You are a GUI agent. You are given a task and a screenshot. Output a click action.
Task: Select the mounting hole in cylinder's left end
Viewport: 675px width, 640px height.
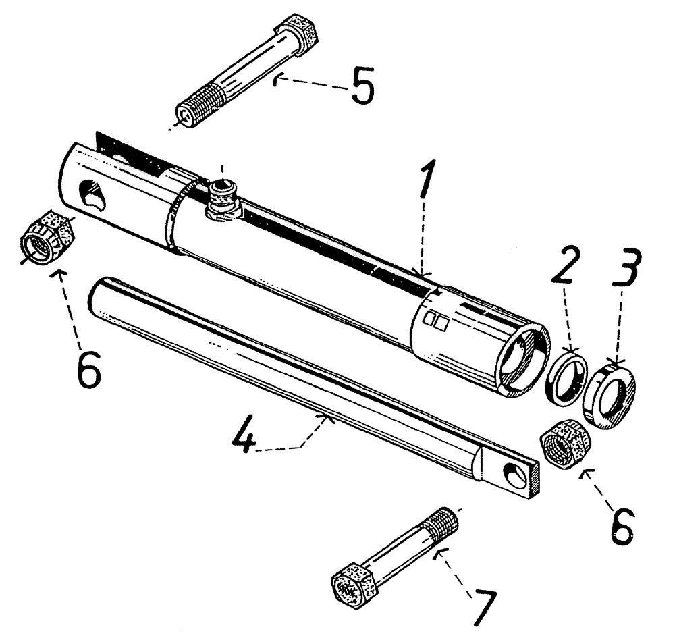click(x=92, y=196)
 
